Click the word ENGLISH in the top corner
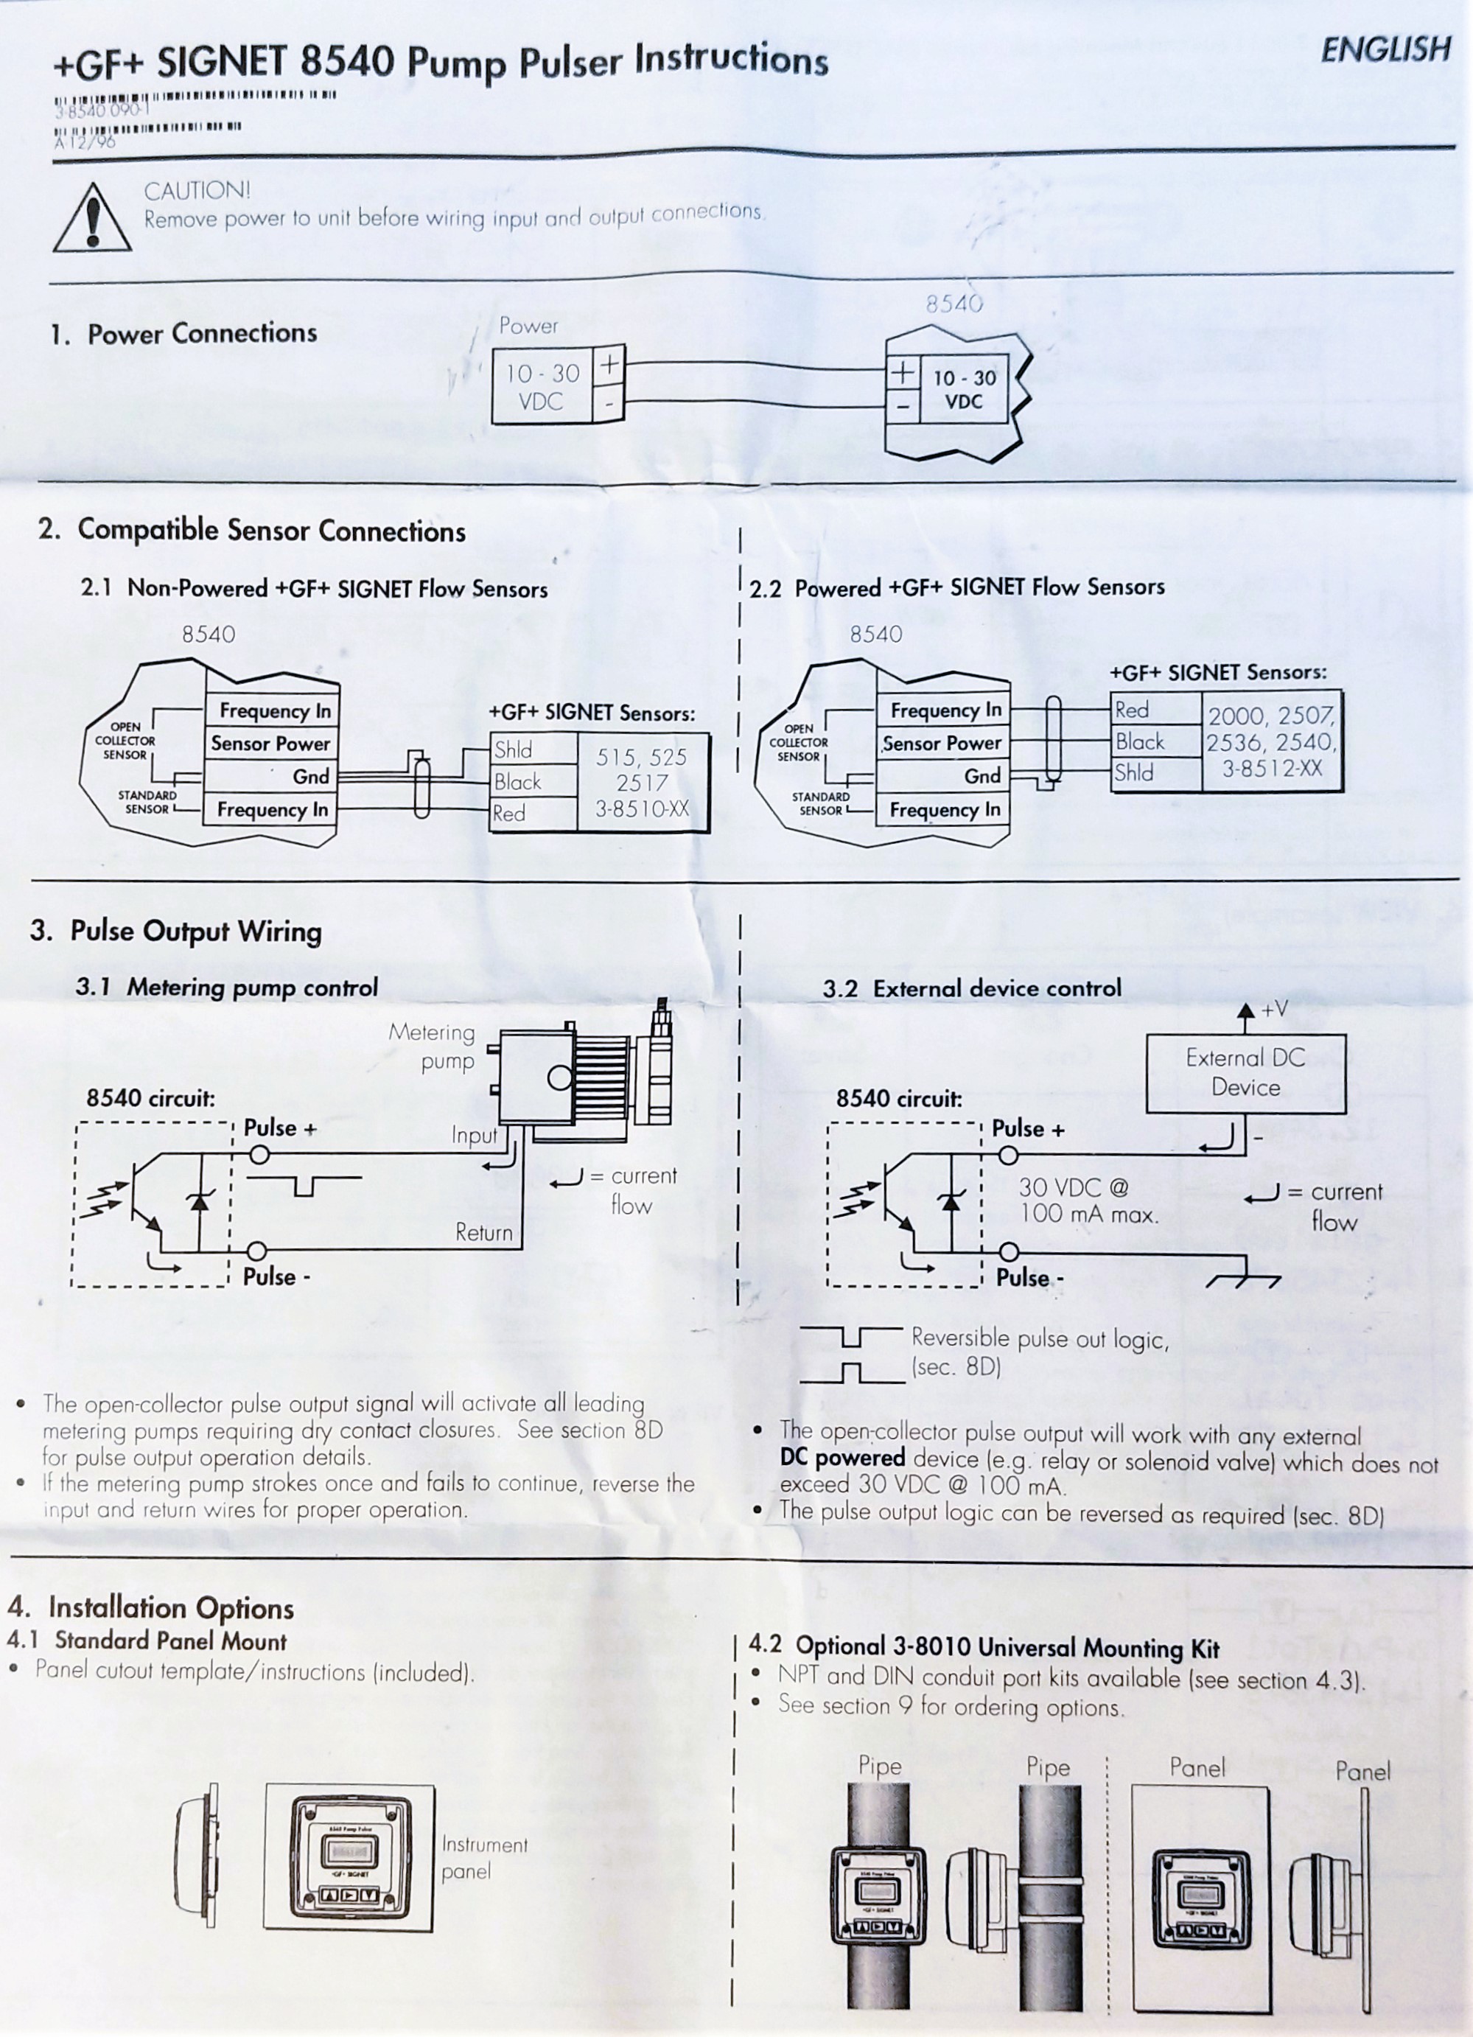click(x=1385, y=49)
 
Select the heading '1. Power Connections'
click(x=184, y=334)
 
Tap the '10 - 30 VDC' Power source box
click(x=542, y=387)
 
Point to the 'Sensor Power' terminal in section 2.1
click(x=270, y=744)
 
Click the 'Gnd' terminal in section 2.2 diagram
click(x=982, y=776)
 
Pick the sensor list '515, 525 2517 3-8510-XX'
click(x=641, y=782)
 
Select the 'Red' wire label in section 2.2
click(x=1132, y=710)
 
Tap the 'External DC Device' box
click(x=1245, y=1072)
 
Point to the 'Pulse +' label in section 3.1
click(x=280, y=1128)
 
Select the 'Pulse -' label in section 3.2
click(x=1029, y=1277)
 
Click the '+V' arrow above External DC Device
click(x=1246, y=1012)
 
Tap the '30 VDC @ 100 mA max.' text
click(x=1088, y=1201)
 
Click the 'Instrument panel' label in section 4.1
click(x=484, y=1858)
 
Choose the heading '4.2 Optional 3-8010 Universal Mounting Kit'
click(x=984, y=1647)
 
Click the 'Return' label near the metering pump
click(x=483, y=1232)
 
